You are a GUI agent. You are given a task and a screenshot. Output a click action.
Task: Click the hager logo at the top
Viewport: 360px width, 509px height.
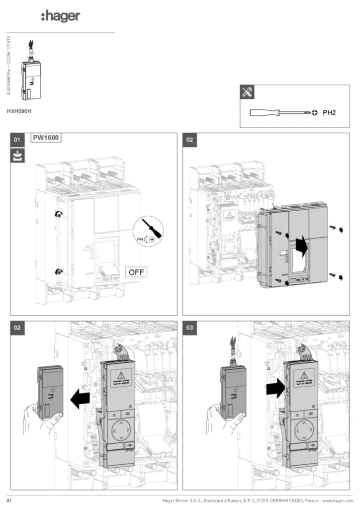point(60,17)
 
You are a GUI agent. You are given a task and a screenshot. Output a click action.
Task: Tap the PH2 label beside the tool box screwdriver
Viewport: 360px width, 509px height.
point(329,113)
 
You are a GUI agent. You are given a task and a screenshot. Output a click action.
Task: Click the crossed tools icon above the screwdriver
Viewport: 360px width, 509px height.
point(247,91)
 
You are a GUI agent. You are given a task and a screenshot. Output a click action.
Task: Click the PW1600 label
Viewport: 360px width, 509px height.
point(47,138)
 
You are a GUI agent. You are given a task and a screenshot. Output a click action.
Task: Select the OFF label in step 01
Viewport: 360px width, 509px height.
point(136,272)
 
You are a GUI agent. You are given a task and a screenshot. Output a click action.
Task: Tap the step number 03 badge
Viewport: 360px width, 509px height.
point(189,328)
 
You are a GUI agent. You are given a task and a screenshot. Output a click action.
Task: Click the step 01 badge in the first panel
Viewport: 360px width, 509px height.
point(17,140)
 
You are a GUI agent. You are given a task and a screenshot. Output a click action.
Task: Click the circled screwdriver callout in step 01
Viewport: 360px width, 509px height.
point(148,232)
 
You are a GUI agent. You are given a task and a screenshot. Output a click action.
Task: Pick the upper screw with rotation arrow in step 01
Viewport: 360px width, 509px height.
point(59,214)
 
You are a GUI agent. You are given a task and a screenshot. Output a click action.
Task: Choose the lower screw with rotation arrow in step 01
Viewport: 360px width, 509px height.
point(59,271)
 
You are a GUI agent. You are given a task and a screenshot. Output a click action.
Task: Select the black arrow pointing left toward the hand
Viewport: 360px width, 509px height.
point(81,399)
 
